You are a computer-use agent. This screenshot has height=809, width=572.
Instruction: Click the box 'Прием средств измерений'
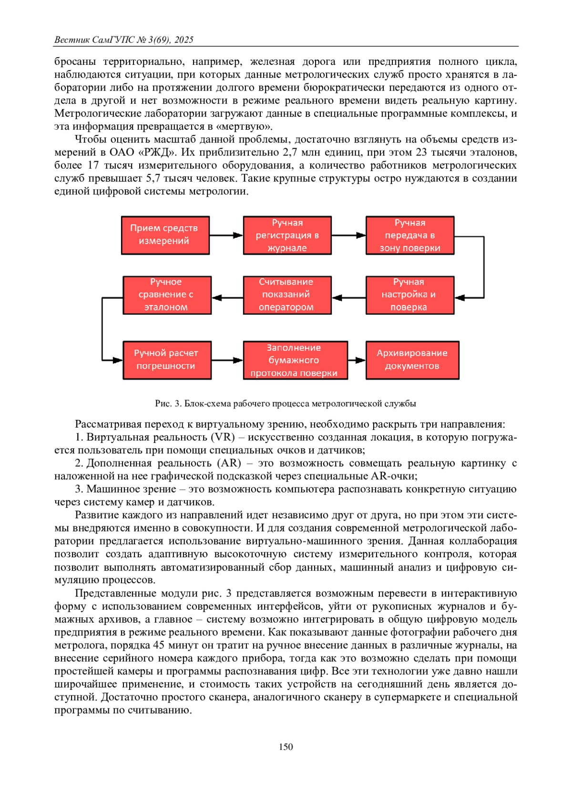pos(165,235)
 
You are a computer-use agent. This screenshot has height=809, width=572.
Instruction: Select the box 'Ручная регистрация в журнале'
pos(287,235)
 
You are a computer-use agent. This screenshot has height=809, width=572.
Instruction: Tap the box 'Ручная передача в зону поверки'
pos(409,235)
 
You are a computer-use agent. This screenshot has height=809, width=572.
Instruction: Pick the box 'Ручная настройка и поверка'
pos(409,295)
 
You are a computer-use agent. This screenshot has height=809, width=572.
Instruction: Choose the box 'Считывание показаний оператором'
pos(287,295)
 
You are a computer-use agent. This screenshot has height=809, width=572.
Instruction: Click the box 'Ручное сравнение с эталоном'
pos(167,295)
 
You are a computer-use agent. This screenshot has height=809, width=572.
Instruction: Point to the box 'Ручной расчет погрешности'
pos(167,360)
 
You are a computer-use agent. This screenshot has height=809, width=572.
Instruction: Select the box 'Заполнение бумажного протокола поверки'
pos(295,360)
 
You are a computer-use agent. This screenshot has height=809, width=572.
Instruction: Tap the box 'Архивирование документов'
pos(412,360)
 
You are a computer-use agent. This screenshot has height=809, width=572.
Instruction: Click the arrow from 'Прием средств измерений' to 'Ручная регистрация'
pos(226,235)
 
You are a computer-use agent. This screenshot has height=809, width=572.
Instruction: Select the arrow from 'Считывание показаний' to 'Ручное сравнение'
pos(227,297)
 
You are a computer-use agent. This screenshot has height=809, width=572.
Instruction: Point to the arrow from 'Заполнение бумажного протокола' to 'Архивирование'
pos(357,360)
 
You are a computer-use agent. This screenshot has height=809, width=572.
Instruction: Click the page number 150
pos(286,747)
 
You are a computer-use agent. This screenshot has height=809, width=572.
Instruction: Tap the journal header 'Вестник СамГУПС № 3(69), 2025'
pos(124,40)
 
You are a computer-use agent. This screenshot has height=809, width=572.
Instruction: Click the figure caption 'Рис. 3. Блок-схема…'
pos(286,403)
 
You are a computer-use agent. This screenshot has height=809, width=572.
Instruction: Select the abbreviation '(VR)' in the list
pos(223,437)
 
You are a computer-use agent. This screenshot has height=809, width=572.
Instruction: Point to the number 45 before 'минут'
pos(158,645)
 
